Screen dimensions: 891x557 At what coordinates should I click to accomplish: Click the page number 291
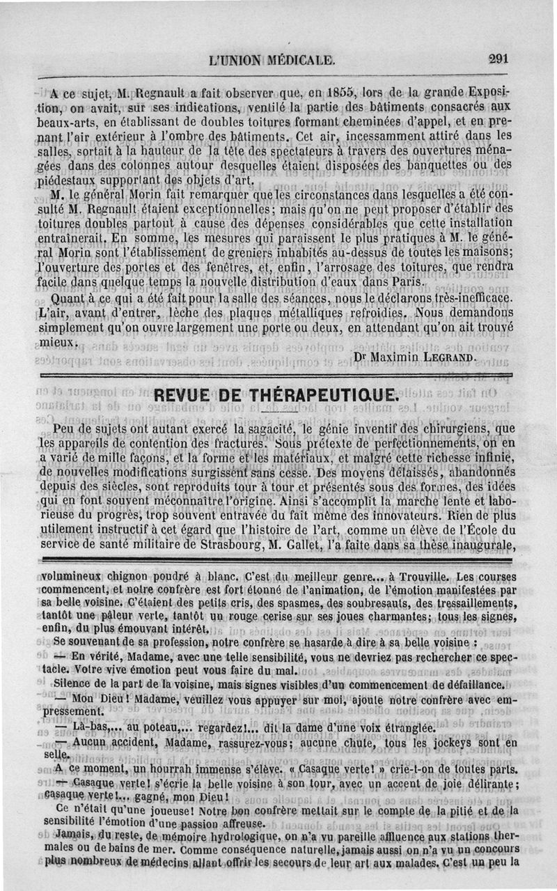499,59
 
